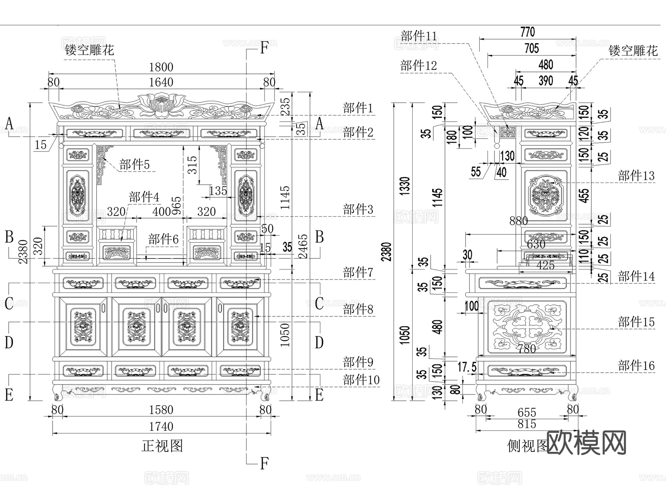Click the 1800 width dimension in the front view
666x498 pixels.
click(161, 67)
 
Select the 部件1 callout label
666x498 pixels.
click(358, 108)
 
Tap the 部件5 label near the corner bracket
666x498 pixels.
click(134, 165)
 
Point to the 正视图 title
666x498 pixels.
click(162, 446)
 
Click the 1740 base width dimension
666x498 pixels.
click(161, 427)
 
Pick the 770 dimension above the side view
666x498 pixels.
click(527, 32)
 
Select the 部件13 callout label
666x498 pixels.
click(636, 176)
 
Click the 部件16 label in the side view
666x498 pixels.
click(636, 366)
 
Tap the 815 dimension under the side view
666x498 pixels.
click(527, 424)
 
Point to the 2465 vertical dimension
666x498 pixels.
click(303, 246)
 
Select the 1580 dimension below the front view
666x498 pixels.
click(161, 410)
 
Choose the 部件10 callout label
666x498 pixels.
click(361, 380)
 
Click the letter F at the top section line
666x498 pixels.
click(264, 48)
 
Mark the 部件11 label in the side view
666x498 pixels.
click(418, 36)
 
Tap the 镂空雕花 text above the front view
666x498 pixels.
click(89, 50)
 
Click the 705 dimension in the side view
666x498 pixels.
click(531, 48)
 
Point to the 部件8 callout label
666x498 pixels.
click(358, 309)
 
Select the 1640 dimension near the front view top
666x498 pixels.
click(161, 82)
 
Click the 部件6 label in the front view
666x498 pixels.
click(163, 240)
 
